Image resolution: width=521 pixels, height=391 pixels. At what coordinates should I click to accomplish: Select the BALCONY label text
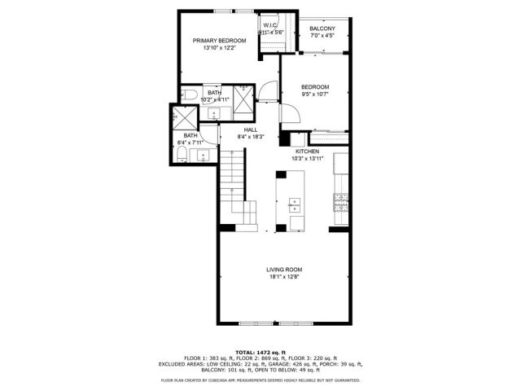click(x=322, y=29)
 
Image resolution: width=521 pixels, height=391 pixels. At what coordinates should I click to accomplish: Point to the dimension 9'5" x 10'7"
click(x=315, y=94)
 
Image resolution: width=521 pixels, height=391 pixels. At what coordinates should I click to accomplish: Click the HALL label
click(x=250, y=130)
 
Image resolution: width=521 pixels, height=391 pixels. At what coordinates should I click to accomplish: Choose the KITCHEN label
click(x=307, y=152)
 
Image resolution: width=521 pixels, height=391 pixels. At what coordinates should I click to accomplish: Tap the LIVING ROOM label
click(x=284, y=270)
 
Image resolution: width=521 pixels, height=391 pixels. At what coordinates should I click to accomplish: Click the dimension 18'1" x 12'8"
click(x=284, y=277)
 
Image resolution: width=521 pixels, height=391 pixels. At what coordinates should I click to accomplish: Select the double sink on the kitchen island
click(x=295, y=204)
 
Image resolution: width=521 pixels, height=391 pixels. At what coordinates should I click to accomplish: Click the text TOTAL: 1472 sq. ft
click(x=260, y=349)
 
